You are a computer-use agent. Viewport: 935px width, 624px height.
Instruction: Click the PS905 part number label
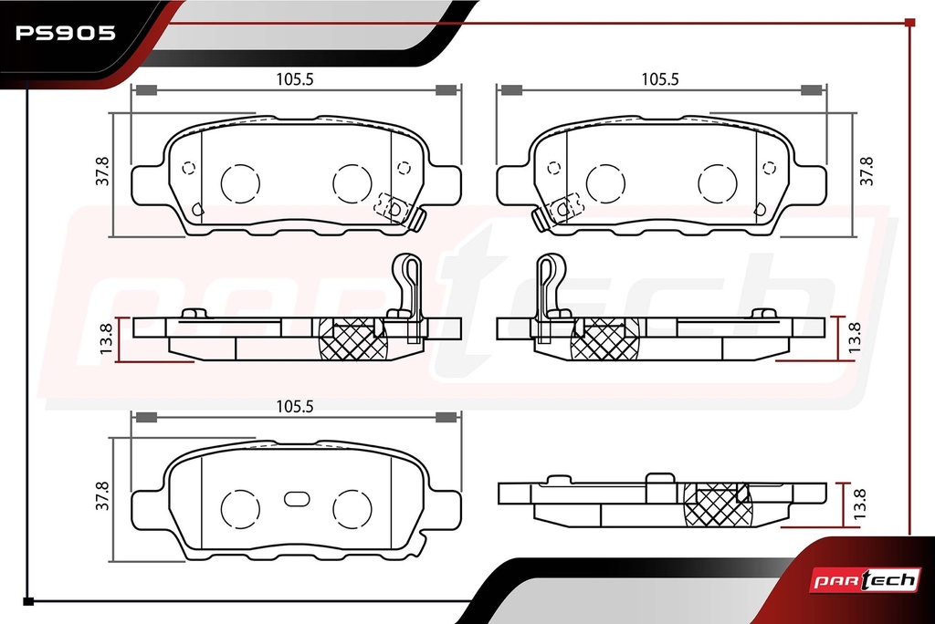click(x=66, y=33)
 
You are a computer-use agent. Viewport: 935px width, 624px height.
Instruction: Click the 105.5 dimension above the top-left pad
click(x=295, y=78)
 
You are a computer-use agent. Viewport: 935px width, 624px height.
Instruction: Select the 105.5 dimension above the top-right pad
click(x=659, y=78)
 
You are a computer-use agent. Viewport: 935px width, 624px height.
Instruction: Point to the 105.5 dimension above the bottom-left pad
click(x=295, y=407)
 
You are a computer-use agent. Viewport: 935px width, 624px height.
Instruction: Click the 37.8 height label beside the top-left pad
click(x=102, y=171)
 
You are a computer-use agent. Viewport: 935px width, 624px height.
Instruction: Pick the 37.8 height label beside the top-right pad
click(x=866, y=171)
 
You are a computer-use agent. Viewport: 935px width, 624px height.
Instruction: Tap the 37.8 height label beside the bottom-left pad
click(x=102, y=496)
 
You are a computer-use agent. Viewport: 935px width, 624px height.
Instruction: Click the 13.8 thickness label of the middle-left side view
click(x=106, y=338)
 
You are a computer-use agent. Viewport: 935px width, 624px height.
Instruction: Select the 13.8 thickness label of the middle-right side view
click(x=854, y=337)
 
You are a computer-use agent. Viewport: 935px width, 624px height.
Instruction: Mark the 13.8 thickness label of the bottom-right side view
click(x=858, y=504)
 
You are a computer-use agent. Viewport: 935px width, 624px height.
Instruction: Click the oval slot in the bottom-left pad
click(x=297, y=499)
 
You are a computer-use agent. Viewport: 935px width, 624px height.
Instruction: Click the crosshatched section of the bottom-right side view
click(x=718, y=504)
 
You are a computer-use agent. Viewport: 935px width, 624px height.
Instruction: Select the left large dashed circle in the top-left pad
click(x=240, y=183)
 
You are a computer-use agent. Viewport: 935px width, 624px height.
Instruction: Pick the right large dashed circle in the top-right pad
click(x=718, y=183)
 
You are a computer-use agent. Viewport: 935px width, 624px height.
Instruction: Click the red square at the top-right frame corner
click(x=910, y=23)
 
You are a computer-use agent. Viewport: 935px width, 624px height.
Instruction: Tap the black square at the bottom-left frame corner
click(x=28, y=601)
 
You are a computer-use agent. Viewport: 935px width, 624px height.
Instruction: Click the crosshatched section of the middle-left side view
click(x=353, y=338)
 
